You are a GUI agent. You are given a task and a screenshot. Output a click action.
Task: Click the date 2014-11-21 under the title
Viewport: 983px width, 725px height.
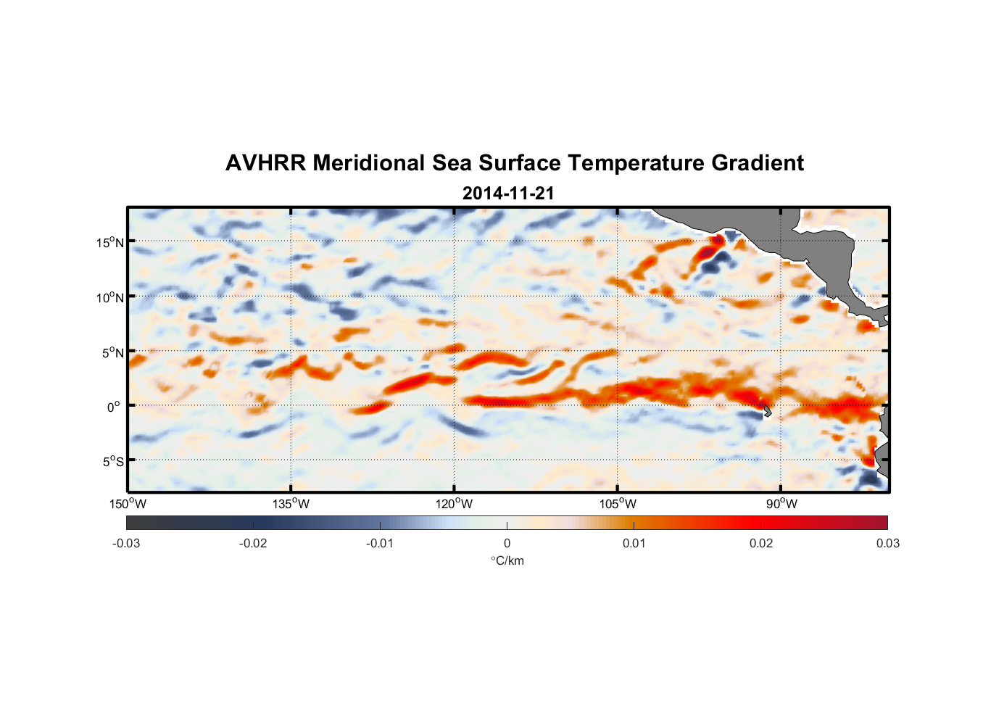(508, 194)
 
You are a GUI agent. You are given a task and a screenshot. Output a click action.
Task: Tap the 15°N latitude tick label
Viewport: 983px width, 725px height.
(110, 242)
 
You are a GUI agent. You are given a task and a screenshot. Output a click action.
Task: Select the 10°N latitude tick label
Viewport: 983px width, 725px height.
(110, 297)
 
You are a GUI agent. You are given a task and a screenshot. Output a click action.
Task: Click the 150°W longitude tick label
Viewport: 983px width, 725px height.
(128, 504)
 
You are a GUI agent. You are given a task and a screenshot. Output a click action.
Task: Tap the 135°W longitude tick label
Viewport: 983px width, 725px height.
(291, 504)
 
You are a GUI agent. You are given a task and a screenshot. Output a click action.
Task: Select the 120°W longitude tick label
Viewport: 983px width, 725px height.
(455, 504)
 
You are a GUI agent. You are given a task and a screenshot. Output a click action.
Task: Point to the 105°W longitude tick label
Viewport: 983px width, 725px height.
(618, 504)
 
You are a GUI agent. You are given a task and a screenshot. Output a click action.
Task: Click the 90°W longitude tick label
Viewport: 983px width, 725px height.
(781, 504)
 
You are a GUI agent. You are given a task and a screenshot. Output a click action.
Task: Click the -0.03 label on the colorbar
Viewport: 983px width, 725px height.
(126, 544)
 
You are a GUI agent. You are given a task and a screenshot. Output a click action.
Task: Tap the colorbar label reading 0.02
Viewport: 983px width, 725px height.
(761, 544)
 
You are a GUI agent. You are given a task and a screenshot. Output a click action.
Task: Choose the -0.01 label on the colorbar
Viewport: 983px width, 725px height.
(380, 544)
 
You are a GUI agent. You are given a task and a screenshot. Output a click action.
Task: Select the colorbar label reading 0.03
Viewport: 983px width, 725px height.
(888, 544)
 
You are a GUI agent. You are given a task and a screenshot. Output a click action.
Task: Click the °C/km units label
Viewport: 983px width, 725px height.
(507, 560)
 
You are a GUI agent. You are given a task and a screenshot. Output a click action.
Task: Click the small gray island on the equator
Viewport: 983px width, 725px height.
(767, 411)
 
